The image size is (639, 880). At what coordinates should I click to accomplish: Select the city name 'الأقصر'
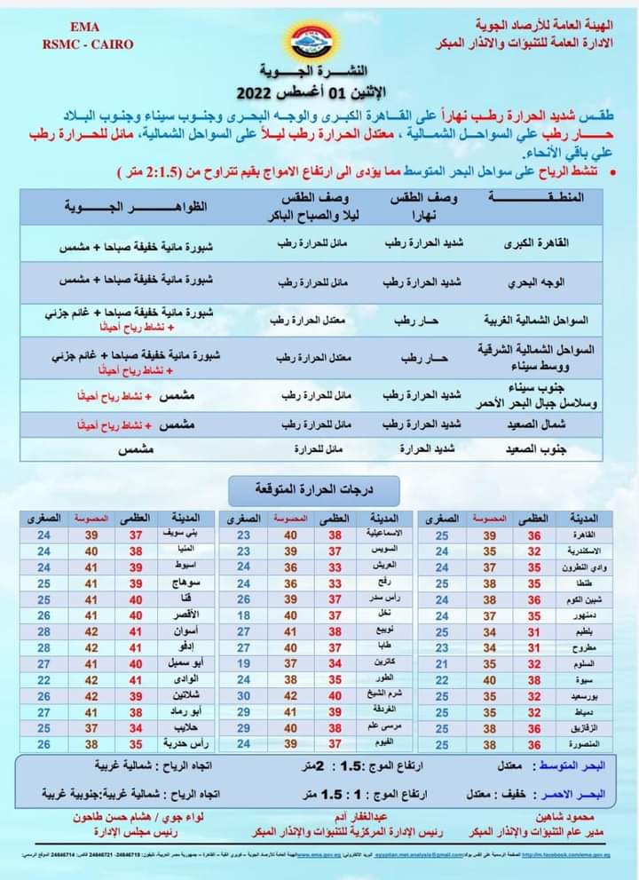[x=181, y=614]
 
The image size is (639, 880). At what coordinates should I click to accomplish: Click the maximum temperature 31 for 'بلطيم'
[x=534, y=630]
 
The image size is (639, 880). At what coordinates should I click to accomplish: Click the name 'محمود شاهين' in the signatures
[x=564, y=815]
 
